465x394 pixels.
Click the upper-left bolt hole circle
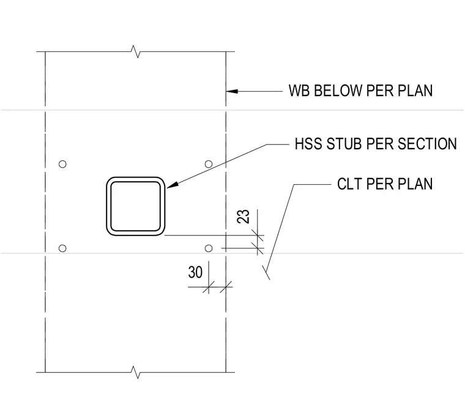click(x=62, y=164)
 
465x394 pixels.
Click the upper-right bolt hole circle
click(x=209, y=164)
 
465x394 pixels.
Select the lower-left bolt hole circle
click(x=62, y=248)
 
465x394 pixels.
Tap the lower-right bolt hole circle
click(x=209, y=248)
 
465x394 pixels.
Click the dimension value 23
click(x=243, y=216)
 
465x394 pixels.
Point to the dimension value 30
click(x=195, y=272)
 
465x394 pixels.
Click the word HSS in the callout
click(x=308, y=144)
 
